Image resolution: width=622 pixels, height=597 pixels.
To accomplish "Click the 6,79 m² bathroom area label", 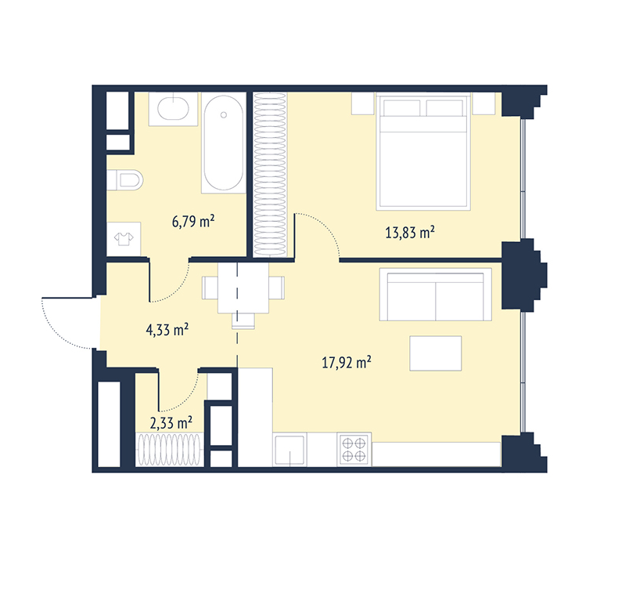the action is pos(193,221).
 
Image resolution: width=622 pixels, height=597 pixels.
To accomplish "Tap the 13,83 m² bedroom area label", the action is pos(410,232).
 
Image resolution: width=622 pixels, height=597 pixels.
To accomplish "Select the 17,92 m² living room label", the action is pos(347,362).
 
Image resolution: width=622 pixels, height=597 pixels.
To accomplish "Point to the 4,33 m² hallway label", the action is pos(167,330).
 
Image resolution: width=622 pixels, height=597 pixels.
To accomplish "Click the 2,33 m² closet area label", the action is pos(171,422).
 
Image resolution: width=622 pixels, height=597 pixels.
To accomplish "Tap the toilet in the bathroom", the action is pos(125,180).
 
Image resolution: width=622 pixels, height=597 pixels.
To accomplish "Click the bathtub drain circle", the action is pos(223,115).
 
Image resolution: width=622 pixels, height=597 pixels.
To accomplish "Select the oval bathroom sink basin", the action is pos(174,108).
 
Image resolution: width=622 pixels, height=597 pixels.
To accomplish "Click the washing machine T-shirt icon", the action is pos(124,238).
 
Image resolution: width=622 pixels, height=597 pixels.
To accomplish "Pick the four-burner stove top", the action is pos(354,449).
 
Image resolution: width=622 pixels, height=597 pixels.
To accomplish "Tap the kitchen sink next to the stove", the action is pos(290,449).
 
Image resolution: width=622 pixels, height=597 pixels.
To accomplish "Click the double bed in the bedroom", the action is pos(423,151).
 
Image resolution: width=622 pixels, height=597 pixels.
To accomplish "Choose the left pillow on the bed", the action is pos(402,108).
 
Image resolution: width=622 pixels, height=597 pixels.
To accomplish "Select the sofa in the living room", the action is pos(436,295).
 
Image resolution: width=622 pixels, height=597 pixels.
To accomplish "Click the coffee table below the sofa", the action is pos(436,353).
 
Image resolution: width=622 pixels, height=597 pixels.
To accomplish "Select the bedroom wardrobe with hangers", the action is pos(270,175).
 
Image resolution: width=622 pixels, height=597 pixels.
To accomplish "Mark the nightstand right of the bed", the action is pos(484,103).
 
